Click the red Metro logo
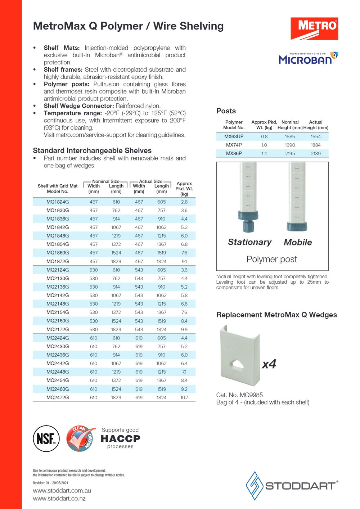(x=314, y=28)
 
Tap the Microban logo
(x=308, y=58)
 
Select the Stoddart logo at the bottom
(x=292, y=486)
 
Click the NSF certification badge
(x=46, y=438)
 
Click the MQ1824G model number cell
(x=58, y=202)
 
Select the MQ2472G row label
(x=58, y=397)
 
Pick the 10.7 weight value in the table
(x=184, y=397)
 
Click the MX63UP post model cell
(x=234, y=136)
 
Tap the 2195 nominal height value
(x=290, y=153)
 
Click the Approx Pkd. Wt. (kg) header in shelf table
(x=184, y=189)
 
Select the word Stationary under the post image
(x=249, y=242)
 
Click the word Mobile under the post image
(x=298, y=242)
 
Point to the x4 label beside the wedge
(x=269, y=364)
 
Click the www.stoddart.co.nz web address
(x=59, y=499)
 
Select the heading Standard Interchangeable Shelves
(x=92, y=150)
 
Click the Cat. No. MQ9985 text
(x=239, y=395)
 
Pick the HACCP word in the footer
(x=120, y=438)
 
